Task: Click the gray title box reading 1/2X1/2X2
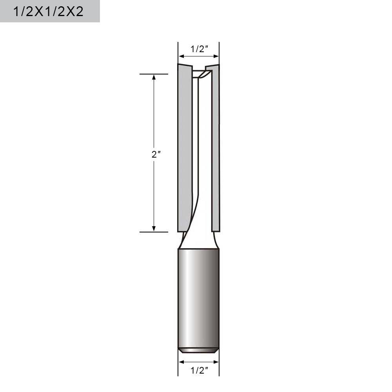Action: tap(49, 11)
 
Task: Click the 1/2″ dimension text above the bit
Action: tap(199, 49)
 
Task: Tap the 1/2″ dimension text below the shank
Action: tap(199, 370)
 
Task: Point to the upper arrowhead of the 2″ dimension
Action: tap(154, 77)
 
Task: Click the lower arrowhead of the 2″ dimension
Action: tap(154, 228)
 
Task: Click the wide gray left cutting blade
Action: tap(185, 149)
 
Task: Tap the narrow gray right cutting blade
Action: tap(215, 149)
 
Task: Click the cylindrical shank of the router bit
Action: tap(199, 298)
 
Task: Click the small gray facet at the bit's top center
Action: tap(204, 74)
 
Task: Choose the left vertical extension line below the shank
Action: tap(178, 365)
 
